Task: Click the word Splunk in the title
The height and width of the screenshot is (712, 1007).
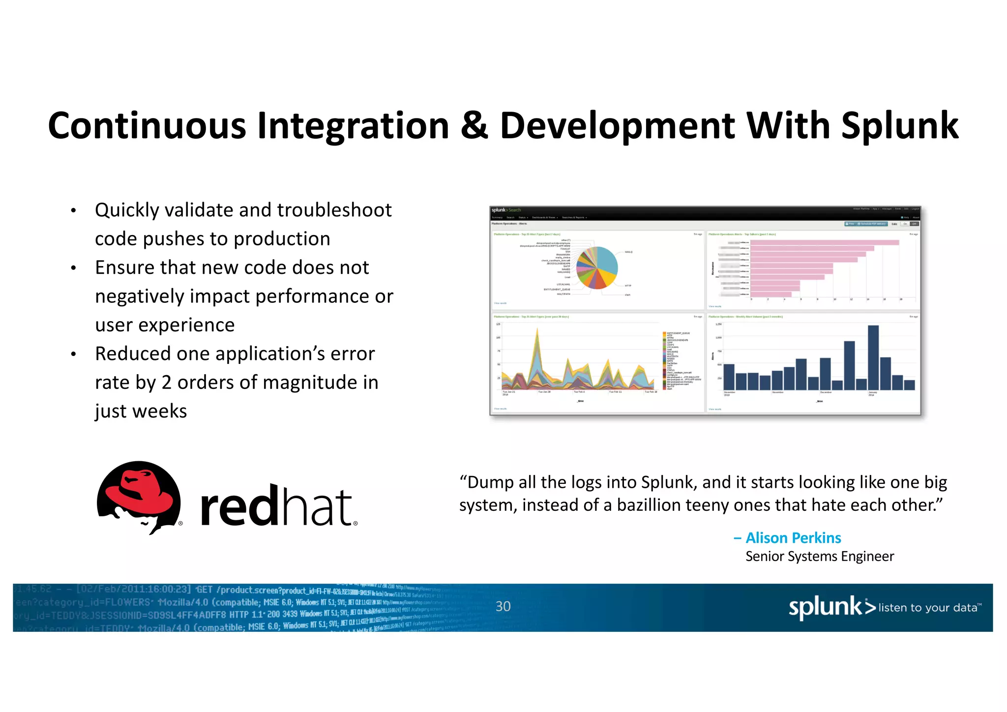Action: click(899, 126)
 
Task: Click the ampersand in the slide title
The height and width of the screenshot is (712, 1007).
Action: click(474, 125)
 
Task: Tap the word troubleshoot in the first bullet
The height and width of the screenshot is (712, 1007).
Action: click(334, 210)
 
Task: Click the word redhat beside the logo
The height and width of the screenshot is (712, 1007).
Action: click(277, 506)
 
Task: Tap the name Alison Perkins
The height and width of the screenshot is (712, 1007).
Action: click(793, 538)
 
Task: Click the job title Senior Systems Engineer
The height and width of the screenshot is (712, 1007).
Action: click(819, 557)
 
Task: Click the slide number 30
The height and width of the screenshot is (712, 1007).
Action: click(503, 606)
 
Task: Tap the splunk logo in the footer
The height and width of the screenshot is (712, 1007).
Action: click(826, 607)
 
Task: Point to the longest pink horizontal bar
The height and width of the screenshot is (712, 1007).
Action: click(825, 242)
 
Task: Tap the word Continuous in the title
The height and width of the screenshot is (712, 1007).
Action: click(147, 126)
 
